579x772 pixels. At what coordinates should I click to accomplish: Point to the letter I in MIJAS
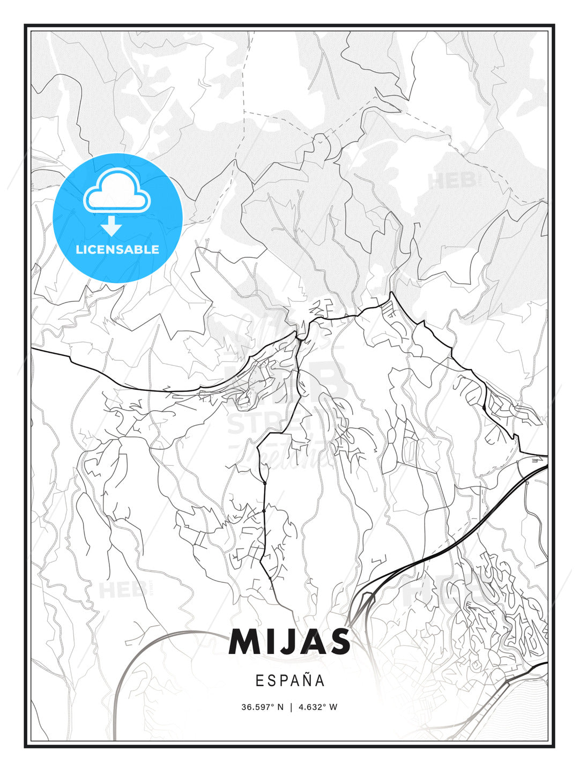click(x=272, y=642)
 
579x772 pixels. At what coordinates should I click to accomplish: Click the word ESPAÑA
click(x=290, y=680)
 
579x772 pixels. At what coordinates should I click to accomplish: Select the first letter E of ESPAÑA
click(x=259, y=681)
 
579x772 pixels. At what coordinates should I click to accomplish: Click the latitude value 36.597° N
click(x=262, y=707)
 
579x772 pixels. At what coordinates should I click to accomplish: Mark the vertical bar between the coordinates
click(x=291, y=707)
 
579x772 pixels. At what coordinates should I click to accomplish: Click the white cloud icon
click(x=117, y=191)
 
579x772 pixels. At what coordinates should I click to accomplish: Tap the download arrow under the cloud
click(x=112, y=226)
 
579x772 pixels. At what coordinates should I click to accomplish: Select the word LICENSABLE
click(x=117, y=249)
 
